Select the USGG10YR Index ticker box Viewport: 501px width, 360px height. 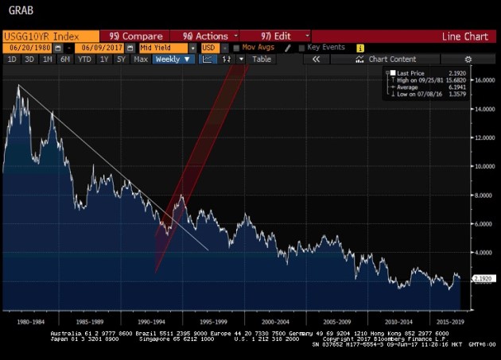point(49,36)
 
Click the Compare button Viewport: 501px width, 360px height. point(136,36)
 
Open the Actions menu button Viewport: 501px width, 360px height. point(206,36)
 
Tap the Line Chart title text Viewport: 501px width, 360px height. point(465,36)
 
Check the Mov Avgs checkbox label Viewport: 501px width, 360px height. point(258,48)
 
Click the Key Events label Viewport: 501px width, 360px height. point(325,48)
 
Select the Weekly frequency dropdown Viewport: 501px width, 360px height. point(173,60)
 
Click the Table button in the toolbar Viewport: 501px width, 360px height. point(262,60)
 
